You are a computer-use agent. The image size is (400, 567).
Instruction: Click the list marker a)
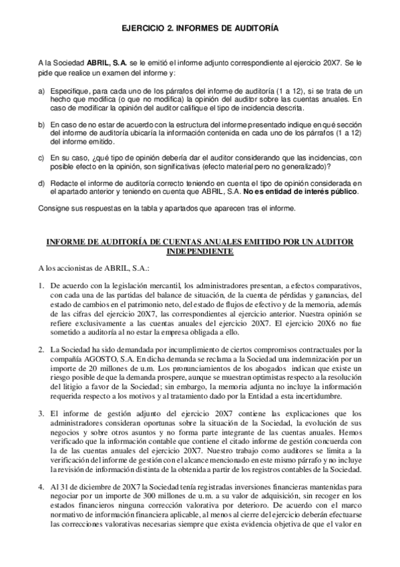[41, 90]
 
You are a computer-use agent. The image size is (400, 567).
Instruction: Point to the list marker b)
[41, 124]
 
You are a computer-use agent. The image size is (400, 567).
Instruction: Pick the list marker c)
[41, 158]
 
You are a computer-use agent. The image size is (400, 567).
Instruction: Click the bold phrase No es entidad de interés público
[301, 192]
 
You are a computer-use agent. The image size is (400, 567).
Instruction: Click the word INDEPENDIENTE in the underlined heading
[201, 252]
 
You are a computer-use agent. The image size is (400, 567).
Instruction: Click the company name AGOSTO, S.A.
[95, 359]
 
